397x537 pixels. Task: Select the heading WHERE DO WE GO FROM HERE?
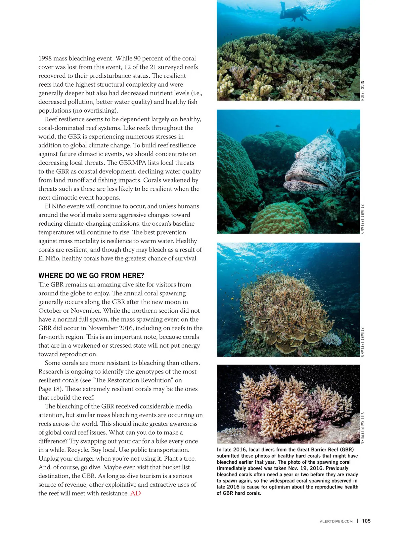91,276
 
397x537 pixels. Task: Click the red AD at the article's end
136,493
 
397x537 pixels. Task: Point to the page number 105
366,521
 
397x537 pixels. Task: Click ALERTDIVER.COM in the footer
336,521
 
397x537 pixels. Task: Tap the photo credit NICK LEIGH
362,91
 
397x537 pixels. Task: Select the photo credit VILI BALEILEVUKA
362,428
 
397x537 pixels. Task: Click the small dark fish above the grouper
278,126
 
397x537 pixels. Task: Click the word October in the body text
49,311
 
